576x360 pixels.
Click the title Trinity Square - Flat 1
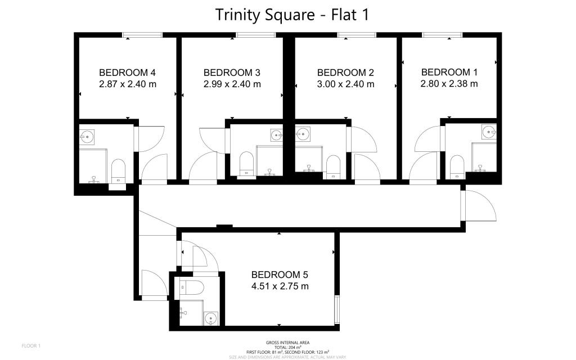[x=292, y=15]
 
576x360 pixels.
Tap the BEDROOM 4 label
[x=127, y=73]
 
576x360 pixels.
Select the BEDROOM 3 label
[x=232, y=73]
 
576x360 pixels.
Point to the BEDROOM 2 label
[x=345, y=73]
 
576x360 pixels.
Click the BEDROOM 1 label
[x=449, y=72]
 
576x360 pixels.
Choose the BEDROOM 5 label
[x=280, y=275]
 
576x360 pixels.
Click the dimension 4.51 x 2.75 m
[x=280, y=286]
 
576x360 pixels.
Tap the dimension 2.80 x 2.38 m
[x=449, y=84]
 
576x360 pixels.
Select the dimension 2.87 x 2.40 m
[x=127, y=84]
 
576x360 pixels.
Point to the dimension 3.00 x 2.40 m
[x=345, y=84]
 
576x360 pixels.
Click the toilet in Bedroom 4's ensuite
[x=118, y=169]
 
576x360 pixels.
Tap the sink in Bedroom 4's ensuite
[x=87, y=137]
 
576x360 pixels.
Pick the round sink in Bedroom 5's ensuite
[x=210, y=319]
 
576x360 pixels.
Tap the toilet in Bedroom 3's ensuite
[x=246, y=163]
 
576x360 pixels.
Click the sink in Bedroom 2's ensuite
[x=303, y=134]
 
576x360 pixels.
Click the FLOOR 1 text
[x=31, y=345]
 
